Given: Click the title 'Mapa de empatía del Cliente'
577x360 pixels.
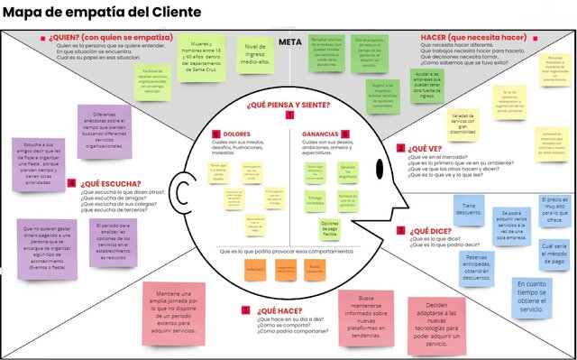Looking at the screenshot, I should pyautogui.click(x=90, y=12).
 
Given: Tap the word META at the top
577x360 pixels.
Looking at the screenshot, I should pyautogui.click(x=289, y=42).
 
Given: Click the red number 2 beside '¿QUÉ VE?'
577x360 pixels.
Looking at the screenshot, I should pyautogui.click(x=400, y=147).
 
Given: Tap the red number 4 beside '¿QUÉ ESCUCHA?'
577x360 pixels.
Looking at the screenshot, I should pyautogui.click(x=71, y=183).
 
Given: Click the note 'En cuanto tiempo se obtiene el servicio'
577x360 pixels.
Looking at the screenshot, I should pyautogui.click(x=532, y=296).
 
